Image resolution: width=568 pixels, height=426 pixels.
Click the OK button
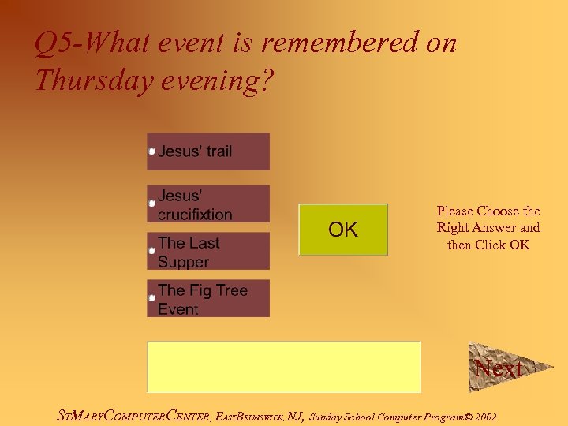click(x=343, y=230)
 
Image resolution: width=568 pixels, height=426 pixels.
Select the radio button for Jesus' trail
click(x=152, y=151)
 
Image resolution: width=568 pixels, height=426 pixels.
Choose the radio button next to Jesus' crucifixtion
click(x=152, y=204)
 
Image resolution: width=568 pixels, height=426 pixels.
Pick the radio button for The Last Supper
click(x=152, y=251)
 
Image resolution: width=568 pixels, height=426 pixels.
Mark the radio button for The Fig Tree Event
click(x=152, y=299)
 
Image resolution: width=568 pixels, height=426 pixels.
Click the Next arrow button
click(x=499, y=368)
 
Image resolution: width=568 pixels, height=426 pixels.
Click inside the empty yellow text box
click(x=284, y=367)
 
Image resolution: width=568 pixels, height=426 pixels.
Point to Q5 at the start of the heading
click(x=54, y=43)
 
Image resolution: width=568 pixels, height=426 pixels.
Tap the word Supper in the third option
click(x=183, y=262)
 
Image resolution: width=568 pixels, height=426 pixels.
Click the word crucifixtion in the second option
click(x=195, y=215)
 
